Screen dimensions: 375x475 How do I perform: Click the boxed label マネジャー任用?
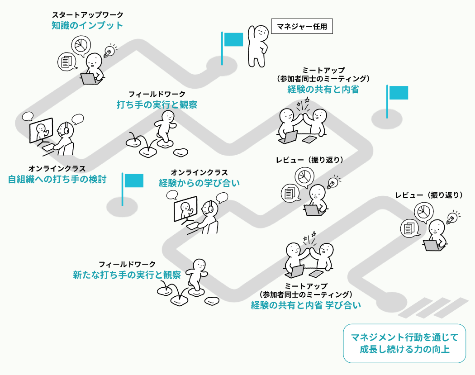point(302,27)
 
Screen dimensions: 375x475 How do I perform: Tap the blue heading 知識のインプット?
point(87,25)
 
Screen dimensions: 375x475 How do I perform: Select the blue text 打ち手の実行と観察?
point(157,105)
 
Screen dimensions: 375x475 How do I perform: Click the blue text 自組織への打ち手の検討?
point(57,179)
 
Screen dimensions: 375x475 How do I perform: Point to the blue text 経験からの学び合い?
point(199,183)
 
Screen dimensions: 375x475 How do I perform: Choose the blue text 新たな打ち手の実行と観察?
point(127,275)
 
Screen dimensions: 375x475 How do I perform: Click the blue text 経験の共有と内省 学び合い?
point(306,305)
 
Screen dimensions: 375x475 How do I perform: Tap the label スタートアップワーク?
point(87,15)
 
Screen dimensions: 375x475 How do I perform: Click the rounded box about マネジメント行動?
point(404,343)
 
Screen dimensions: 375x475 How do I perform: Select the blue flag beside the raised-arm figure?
point(233,39)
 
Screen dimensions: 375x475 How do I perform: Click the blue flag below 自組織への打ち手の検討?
point(133,180)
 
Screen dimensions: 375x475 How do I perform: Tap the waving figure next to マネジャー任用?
point(258,45)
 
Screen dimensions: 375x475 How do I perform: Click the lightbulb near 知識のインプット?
point(109,51)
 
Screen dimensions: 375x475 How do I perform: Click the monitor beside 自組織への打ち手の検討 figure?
point(41,131)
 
